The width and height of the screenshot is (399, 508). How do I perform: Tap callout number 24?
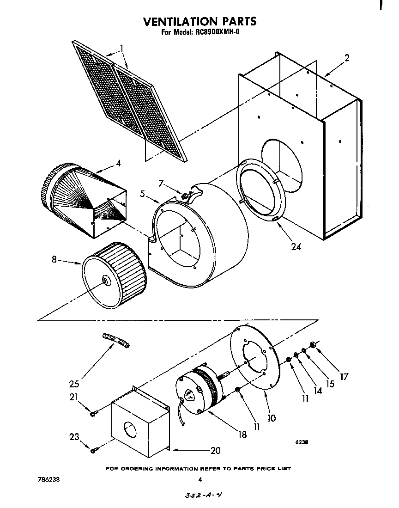click(296, 246)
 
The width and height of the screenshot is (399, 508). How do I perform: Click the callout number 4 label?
click(118, 163)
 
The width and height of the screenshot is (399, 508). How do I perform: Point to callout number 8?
click(54, 260)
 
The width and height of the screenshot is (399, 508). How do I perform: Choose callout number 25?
click(74, 383)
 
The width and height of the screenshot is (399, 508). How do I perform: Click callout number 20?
click(215, 450)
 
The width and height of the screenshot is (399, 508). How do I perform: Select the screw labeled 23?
click(94, 449)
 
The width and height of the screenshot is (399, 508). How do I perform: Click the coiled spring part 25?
click(115, 341)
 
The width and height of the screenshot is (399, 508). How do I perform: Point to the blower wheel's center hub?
click(105, 280)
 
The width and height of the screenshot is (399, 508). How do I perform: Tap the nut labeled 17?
click(313, 344)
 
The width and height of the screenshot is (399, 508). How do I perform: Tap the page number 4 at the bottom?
click(200, 480)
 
